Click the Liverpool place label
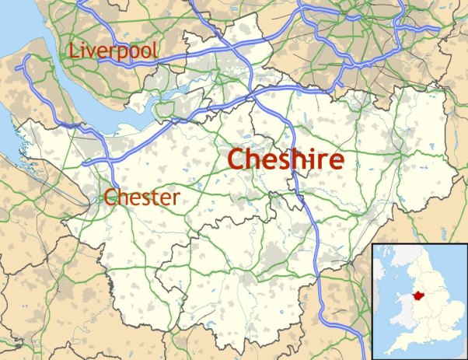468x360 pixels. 114,52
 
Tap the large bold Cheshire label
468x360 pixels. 285,159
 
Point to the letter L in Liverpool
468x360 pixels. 75,52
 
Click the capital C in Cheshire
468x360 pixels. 236,159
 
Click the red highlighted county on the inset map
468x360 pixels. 418,296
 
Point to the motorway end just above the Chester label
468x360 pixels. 84,164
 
